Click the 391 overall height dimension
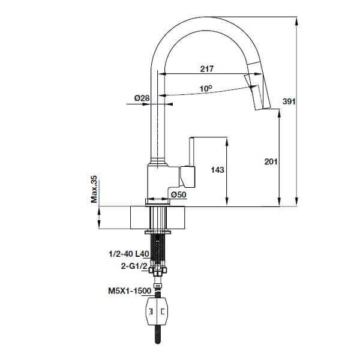[x=289, y=101]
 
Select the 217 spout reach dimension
[x=207, y=68]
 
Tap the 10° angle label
[x=206, y=88]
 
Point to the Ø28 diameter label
[x=142, y=98]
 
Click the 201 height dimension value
[x=271, y=161]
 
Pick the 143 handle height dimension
[x=217, y=170]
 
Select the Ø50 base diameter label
[x=179, y=194]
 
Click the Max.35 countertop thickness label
[x=94, y=189]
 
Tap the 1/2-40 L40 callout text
[x=129, y=254]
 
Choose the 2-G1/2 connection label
[x=134, y=266]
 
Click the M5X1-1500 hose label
[x=130, y=291]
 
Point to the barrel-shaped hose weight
[x=157, y=311]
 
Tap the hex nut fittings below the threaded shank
[x=157, y=270]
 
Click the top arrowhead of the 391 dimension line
[x=296, y=21]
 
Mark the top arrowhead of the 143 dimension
[x=227, y=141]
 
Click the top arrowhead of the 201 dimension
[x=279, y=113]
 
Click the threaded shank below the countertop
[x=157, y=249]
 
